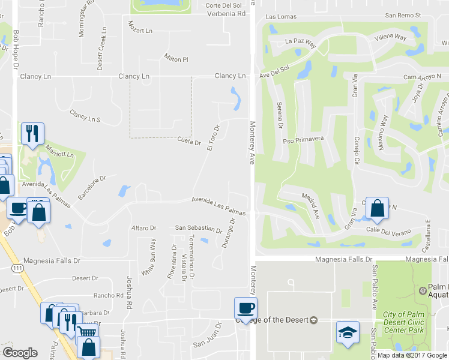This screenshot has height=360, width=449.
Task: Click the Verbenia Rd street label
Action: [226, 13]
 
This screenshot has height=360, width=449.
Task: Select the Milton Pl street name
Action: [176, 59]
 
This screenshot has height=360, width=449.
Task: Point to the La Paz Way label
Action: [300, 42]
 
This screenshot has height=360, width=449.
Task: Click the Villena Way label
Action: [391, 37]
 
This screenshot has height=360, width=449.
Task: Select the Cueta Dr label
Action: [188, 142]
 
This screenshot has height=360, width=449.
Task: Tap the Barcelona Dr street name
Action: [91, 187]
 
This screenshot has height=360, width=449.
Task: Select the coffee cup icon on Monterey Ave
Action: [246, 308]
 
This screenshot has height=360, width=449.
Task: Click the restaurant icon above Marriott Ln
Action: [32, 134]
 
